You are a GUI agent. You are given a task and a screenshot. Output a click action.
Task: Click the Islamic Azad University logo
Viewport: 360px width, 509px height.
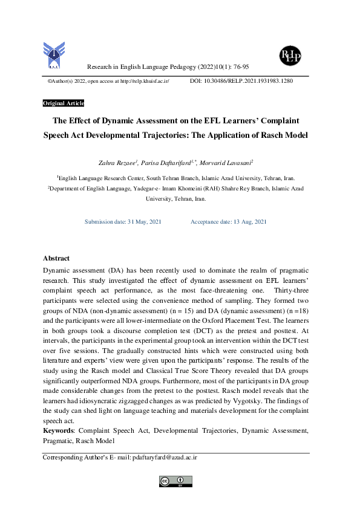53,56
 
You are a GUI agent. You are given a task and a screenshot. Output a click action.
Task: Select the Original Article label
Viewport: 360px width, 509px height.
64,103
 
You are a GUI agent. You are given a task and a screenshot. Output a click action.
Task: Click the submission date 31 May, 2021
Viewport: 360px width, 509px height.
144,222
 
